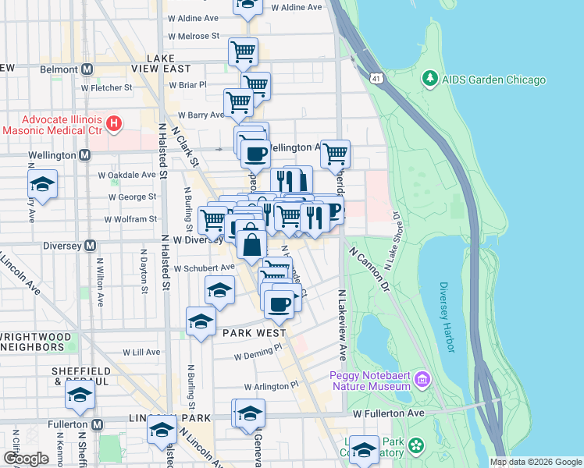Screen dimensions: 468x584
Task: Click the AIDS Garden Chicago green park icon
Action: pos(429,80)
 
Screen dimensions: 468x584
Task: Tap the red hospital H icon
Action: pos(115,122)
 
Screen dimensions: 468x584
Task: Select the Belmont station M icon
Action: pos(86,69)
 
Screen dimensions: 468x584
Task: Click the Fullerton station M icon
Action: pos(98,425)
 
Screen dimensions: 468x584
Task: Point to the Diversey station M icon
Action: pos(90,245)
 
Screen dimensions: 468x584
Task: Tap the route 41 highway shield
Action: pos(377,79)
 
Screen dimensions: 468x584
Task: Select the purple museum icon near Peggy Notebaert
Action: pos(422,379)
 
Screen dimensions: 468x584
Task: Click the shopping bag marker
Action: pos(252,244)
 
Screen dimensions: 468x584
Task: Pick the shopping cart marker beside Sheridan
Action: pos(335,155)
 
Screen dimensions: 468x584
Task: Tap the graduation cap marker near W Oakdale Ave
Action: pos(43,185)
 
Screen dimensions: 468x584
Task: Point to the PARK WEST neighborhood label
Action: pos(253,332)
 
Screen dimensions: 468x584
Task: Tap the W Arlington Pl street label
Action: pos(271,386)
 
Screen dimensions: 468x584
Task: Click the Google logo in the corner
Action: pos(26,459)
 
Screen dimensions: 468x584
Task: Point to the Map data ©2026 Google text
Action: pos(536,462)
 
